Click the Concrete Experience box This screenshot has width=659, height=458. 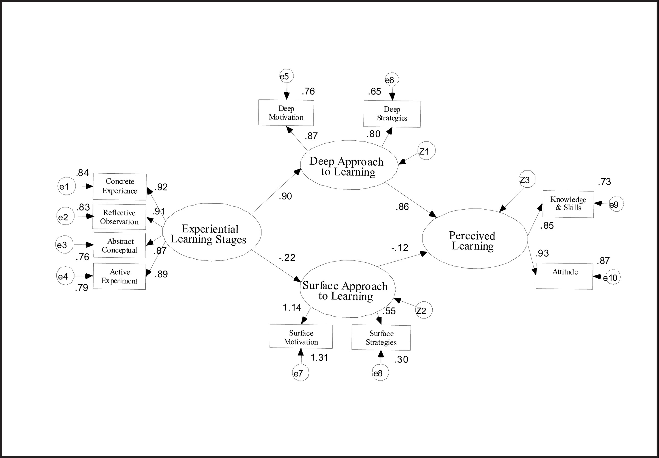[x=120, y=187]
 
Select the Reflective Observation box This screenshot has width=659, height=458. [x=119, y=217]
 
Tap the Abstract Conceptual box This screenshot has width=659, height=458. [x=120, y=245]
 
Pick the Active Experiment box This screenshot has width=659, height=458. [x=119, y=276]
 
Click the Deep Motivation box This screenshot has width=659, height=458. [x=286, y=113]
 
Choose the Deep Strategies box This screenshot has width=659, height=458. [x=392, y=114]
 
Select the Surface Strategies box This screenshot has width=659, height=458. [x=381, y=338]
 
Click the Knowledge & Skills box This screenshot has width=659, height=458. [x=568, y=204]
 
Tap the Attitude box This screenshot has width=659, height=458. [x=564, y=276]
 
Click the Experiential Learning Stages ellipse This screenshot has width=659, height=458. [x=212, y=232]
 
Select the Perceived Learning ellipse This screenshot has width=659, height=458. [x=475, y=239]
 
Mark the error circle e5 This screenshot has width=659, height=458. [x=286, y=76]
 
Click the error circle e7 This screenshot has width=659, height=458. [x=300, y=373]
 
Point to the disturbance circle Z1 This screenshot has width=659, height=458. [x=426, y=151]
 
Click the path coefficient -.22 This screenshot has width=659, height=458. [x=287, y=258]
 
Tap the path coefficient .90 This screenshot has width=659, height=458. [x=285, y=196]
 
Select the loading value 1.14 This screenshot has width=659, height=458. [x=292, y=308]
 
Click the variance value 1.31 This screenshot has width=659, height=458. [x=319, y=357]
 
